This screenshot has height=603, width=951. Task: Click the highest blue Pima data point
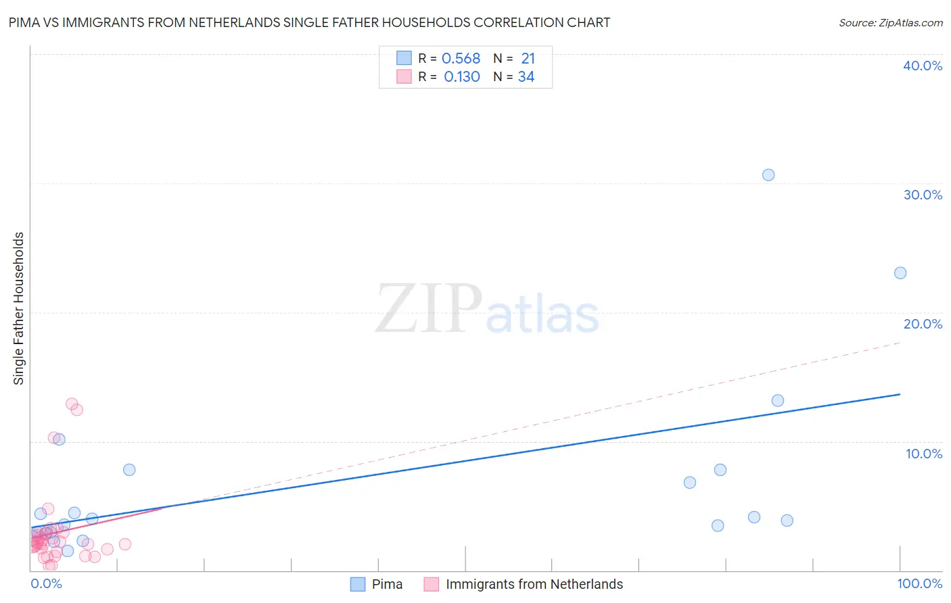(x=768, y=175)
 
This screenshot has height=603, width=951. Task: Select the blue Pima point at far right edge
(x=900, y=273)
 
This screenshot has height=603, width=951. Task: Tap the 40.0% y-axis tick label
(x=923, y=66)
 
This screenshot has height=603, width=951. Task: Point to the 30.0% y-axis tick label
(x=923, y=195)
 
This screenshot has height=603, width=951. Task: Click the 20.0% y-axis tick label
(x=923, y=324)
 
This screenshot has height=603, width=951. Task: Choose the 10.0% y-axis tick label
(x=924, y=454)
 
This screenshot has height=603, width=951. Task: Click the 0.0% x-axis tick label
(x=46, y=583)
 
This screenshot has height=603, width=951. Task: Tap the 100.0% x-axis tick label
(x=919, y=583)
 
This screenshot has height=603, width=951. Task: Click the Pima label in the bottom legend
(x=387, y=584)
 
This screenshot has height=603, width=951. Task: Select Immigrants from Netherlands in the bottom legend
(x=534, y=584)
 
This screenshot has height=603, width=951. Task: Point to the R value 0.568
(x=461, y=59)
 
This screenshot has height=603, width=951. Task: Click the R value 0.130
(x=462, y=77)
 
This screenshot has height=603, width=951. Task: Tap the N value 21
(x=528, y=59)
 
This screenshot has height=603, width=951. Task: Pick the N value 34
(x=526, y=77)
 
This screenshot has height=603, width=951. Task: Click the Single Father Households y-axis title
(x=19, y=308)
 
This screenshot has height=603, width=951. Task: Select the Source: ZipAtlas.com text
(x=890, y=23)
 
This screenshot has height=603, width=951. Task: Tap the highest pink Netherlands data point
(x=72, y=404)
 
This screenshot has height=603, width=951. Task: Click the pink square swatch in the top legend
(x=404, y=76)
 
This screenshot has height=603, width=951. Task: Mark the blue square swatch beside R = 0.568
(x=404, y=58)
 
